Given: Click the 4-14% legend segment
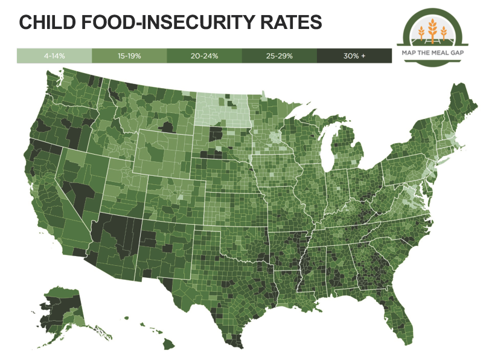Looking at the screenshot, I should coord(54,56).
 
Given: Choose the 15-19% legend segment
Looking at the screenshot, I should coord(129,56).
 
